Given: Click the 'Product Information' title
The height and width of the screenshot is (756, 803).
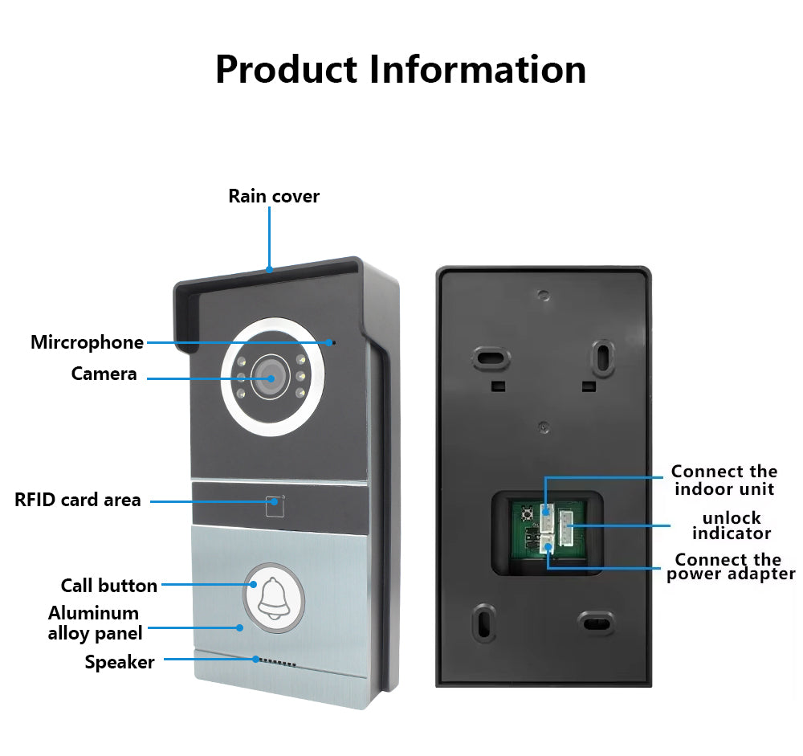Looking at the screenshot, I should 400,70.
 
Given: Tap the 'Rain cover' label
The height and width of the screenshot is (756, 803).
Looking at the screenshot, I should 273,196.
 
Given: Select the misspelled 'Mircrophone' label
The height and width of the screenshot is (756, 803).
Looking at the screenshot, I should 87,342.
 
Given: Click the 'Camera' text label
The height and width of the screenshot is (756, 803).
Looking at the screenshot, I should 104,374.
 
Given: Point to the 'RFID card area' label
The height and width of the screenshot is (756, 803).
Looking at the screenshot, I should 77,500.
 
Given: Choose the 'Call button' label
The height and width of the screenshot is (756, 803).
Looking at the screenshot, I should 108,585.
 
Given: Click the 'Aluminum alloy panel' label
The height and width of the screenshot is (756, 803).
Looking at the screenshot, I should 95,623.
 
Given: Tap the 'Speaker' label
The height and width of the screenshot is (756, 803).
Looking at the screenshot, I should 120,662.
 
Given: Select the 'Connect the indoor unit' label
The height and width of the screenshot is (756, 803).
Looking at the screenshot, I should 724,480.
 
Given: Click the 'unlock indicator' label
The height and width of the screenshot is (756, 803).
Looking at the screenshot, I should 731,525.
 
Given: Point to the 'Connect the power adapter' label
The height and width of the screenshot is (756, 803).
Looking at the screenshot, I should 730,566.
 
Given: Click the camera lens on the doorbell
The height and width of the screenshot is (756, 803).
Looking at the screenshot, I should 271,377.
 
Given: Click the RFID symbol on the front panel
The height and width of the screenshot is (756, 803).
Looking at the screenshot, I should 275,505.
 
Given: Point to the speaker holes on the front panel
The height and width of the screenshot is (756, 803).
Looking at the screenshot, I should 276,664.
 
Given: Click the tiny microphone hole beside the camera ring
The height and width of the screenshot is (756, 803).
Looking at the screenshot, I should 334,343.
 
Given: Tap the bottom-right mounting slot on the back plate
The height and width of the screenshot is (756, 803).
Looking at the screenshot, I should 597,623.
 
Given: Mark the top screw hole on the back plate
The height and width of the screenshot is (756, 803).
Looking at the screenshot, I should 544,295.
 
